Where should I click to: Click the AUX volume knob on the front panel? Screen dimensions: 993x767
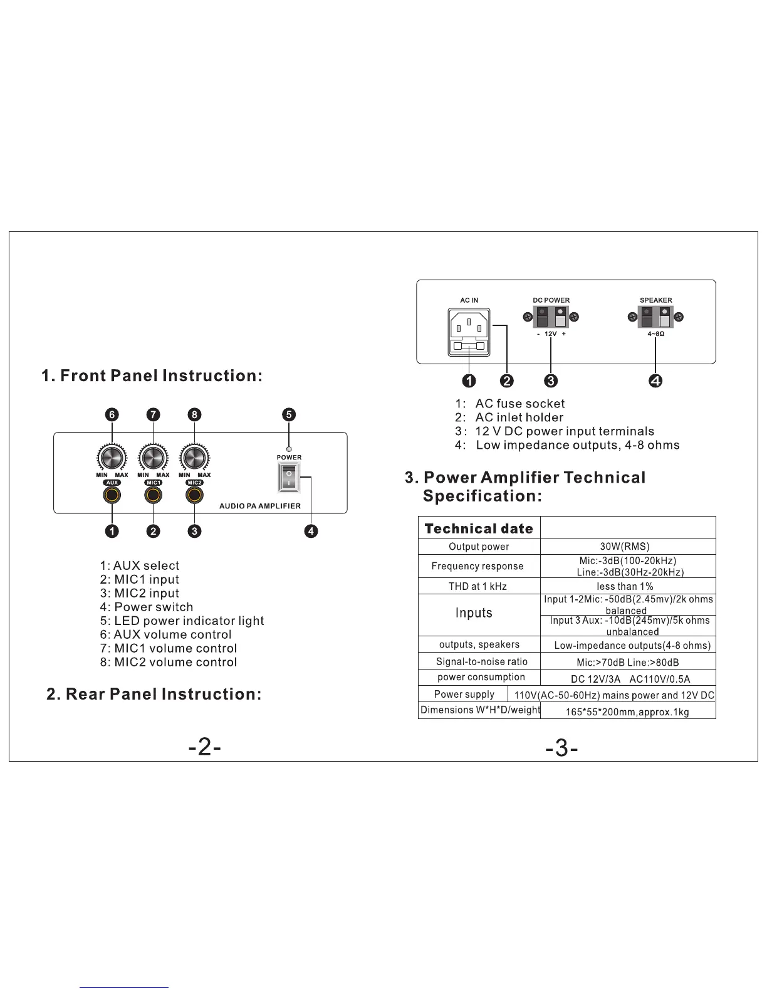coord(112,458)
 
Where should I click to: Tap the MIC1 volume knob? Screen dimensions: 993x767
coord(153,458)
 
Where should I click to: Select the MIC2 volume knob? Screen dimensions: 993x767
coord(194,458)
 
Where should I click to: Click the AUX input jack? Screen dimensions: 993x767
coord(112,495)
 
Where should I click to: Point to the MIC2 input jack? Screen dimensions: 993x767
coord(194,495)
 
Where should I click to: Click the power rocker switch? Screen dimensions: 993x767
coord(289,478)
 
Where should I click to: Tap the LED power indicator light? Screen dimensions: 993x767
coord(288,449)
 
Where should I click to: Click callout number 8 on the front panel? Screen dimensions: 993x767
coord(194,414)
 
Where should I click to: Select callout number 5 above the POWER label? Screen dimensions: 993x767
coord(288,414)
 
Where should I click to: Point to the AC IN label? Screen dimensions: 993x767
coord(469,300)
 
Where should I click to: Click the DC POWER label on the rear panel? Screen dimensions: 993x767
coord(551,300)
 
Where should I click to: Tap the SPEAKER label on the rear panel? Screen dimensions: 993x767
coord(655,300)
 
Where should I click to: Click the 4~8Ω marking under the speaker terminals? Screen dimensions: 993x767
coord(655,335)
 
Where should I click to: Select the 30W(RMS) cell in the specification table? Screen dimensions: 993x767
coord(628,547)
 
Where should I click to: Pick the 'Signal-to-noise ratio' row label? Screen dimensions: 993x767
coord(481,661)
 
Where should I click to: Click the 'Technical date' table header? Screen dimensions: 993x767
coord(479,528)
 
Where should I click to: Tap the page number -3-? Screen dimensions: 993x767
coord(561,748)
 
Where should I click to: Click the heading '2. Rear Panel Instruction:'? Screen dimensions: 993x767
coord(154,694)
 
